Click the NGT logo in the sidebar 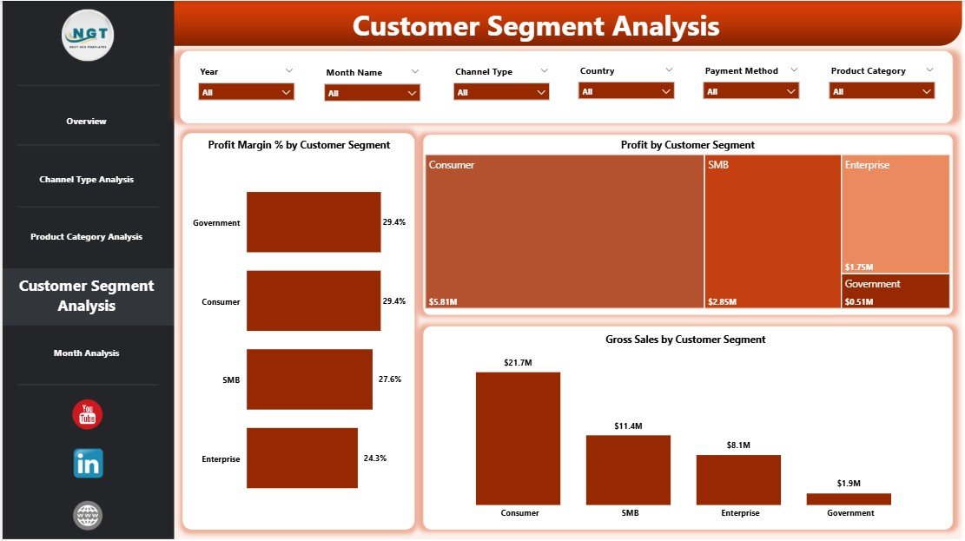(x=88, y=35)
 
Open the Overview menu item (x=86, y=122)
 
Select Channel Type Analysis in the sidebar (x=86, y=180)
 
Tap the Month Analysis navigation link (x=86, y=353)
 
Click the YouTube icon (x=88, y=415)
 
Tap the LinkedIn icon (x=88, y=463)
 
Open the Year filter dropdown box (x=246, y=92)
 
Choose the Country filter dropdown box (x=626, y=91)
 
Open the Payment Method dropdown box (x=751, y=91)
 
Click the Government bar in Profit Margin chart (x=314, y=222)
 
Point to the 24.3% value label (x=375, y=458)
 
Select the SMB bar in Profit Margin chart (x=309, y=379)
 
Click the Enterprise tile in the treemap (x=896, y=214)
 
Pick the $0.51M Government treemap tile (x=896, y=291)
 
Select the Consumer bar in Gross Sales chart (x=518, y=439)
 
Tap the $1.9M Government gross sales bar (x=849, y=499)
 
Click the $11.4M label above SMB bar (x=628, y=426)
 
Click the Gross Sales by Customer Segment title (x=685, y=340)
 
